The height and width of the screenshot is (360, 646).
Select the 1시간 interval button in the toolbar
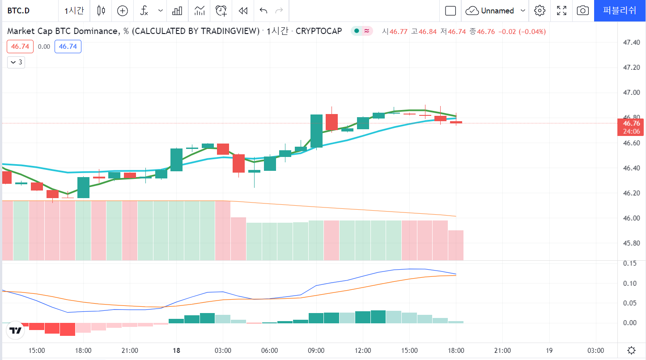[x=74, y=11]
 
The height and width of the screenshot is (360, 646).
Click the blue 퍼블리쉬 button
[x=620, y=11]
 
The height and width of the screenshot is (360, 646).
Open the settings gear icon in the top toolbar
[x=540, y=11]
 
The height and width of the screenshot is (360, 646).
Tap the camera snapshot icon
[x=582, y=11]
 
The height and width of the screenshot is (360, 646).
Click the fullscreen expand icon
[x=561, y=11]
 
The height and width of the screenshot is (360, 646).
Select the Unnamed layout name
[x=497, y=11]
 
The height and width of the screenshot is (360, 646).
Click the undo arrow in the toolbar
[x=263, y=11]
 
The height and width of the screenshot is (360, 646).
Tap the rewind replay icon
[x=243, y=11]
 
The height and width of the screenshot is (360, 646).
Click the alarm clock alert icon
[x=221, y=11]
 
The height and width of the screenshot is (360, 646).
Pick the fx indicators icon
[x=144, y=11]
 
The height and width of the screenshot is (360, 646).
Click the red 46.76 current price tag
[x=631, y=123]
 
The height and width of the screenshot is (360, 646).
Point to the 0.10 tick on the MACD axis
[x=630, y=283]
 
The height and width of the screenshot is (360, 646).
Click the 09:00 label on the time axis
[x=316, y=351]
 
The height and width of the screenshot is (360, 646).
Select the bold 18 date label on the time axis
[x=177, y=351]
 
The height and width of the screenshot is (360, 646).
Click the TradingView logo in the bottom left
[x=16, y=331]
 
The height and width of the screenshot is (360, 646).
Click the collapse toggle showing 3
[x=16, y=62]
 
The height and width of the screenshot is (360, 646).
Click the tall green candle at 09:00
[x=317, y=131]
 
